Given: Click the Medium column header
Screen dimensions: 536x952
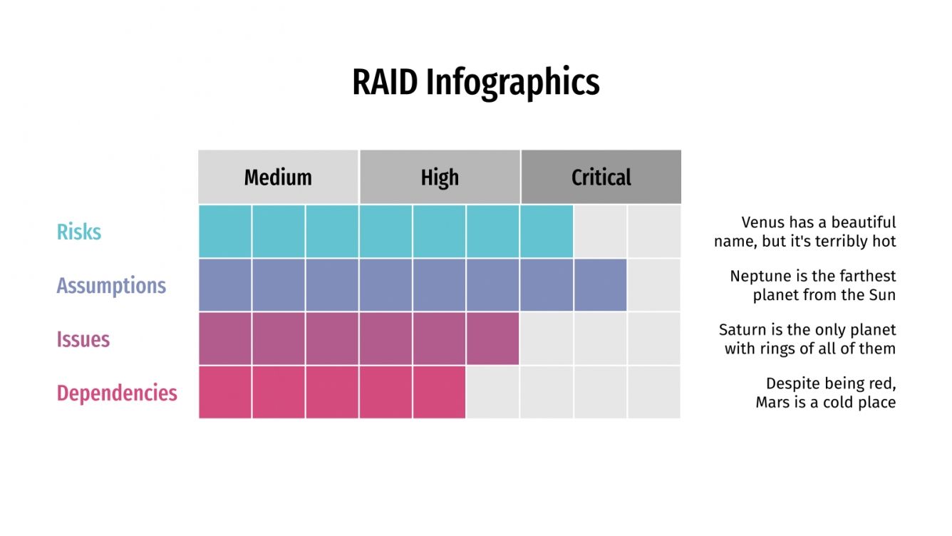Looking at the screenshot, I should tap(278, 177).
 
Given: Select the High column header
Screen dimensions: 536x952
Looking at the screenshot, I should tap(440, 177).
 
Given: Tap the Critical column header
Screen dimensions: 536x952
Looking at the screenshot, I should tap(601, 177).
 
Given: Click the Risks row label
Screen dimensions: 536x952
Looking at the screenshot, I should tap(79, 232).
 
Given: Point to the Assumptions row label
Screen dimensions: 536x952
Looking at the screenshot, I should tap(111, 286).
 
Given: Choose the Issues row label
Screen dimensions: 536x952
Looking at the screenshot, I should tap(83, 339).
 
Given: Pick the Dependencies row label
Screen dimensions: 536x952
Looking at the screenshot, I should tap(117, 393).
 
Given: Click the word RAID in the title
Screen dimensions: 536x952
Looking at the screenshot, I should tap(384, 83).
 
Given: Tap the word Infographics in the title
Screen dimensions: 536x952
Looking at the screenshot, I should tap(513, 83).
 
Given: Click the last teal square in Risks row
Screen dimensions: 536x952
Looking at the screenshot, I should tap(547, 232).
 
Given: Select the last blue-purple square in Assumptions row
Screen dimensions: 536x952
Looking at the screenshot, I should tap(601, 285).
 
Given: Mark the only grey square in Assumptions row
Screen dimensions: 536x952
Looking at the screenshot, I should tap(654, 285).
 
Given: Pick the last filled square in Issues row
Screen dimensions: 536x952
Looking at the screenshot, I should tap(493, 339).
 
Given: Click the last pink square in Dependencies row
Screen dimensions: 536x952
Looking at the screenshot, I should tap(439, 392).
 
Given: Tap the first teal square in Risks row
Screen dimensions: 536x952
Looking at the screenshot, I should tap(224, 232).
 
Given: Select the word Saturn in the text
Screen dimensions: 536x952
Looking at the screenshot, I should tap(741, 330).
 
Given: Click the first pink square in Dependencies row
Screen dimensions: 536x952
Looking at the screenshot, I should tap(224, 392).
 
